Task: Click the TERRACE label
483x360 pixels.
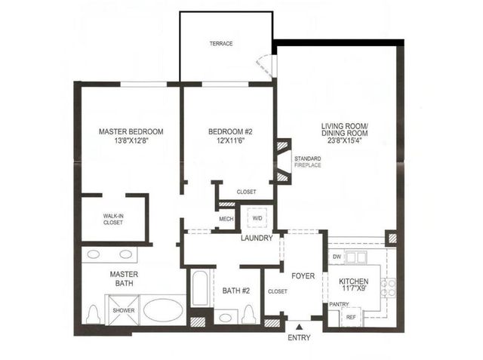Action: click(x=221, y=44)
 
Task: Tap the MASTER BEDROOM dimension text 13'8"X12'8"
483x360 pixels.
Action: click(x=131, y=141)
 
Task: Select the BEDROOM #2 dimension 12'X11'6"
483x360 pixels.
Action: click(x=232, y=141)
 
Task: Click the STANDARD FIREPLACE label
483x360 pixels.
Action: click(x=307, y=161)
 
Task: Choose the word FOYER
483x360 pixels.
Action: click(x=302, y=266)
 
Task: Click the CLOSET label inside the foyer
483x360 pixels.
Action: click(x=278, y=291)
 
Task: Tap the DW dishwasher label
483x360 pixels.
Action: click(x=337, y=257)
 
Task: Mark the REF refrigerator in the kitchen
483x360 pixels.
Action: click(x=350, y=318)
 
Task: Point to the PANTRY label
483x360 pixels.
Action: click(x=338, y=304)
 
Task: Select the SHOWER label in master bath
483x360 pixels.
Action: click(x=124, y=310)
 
